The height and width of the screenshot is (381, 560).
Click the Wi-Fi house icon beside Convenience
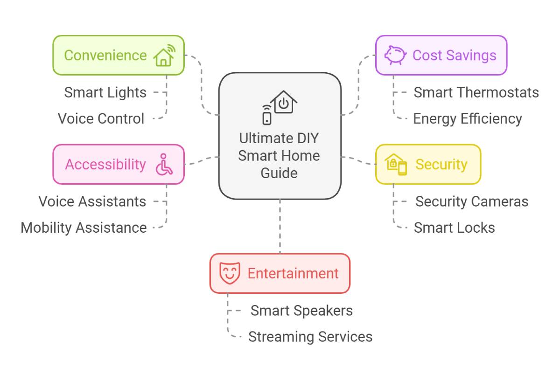point(164,55)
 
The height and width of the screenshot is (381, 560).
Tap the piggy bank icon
point(395,55)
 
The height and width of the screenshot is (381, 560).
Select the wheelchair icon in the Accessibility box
point(164,164)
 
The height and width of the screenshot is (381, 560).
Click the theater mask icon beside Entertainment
point(230,273)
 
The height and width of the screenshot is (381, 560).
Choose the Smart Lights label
point(105,92)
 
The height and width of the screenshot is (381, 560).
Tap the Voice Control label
point(101,118)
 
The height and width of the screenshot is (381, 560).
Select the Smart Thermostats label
point(476,92)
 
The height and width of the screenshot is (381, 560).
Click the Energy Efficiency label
point(468,118)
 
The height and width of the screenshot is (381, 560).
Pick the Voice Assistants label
point(92,201)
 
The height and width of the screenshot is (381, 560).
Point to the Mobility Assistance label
point(84,228)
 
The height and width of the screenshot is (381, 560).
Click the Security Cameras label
point(472,201)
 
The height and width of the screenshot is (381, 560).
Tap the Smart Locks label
point(455,228)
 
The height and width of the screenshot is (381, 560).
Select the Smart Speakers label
point(301,311)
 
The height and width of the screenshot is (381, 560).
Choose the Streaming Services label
point(310,337)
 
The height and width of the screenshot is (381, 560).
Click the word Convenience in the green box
point(105,55)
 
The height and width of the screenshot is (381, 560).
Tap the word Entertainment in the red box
point(293,273)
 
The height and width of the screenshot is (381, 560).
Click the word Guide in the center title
point(279,173)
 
